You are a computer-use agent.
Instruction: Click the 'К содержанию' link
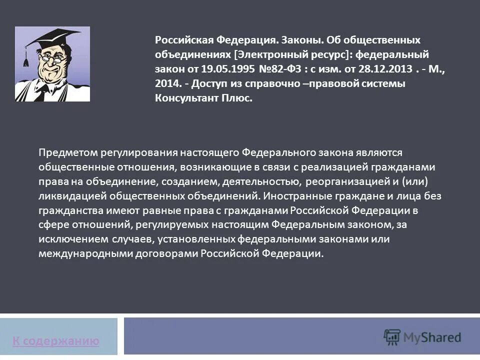click(x=56, y=341)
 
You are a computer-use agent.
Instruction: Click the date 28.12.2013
click(x=383, y=68)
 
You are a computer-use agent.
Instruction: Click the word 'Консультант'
click(x=186, y=98)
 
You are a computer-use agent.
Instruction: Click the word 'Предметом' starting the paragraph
click(x=68, y=152)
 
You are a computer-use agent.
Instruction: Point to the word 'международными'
click(x=78, y=253)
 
